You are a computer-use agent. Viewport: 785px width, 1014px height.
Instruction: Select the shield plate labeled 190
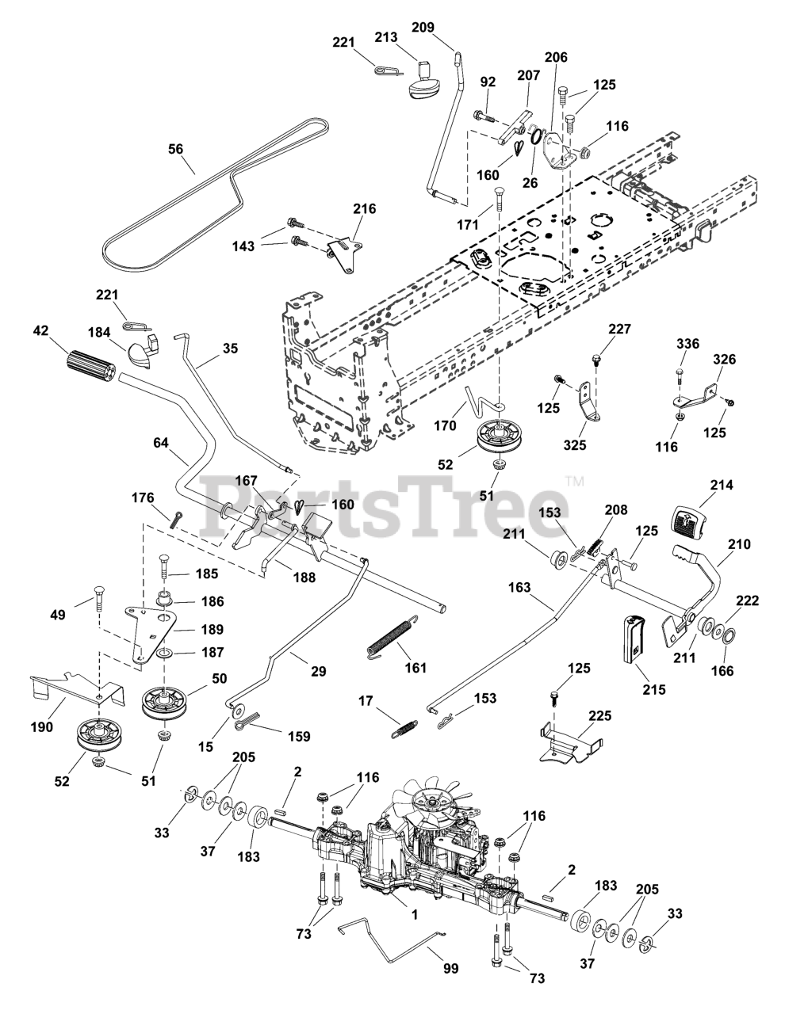tap(77, 685)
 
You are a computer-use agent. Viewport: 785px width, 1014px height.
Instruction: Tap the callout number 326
tap(724, 360)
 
